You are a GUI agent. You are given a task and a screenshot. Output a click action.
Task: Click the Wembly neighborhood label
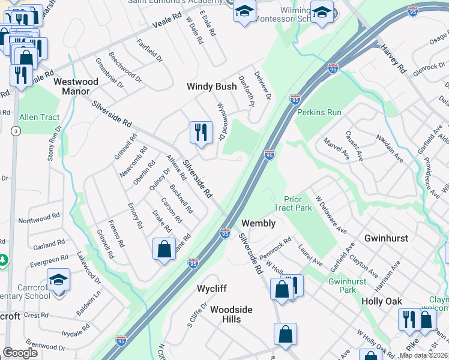tap(258, 223)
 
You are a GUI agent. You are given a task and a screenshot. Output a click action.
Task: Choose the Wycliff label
tap(212, 289)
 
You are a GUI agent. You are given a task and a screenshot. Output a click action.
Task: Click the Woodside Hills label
tap(231, 314)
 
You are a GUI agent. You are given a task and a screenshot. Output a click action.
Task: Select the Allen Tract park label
tap(40, 117)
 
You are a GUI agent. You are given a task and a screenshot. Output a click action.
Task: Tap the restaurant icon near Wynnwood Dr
tap(201, 132)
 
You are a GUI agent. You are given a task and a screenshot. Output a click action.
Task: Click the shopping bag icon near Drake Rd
tap(164, 248)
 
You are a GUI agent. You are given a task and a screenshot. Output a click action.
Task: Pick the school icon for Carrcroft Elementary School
tap(58, 280)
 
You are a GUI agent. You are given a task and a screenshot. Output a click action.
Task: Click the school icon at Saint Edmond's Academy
tap(244, 11)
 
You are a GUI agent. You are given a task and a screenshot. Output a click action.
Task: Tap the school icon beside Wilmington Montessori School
tap(322, 12)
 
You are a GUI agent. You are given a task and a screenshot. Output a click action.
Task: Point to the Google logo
tap(20, 353)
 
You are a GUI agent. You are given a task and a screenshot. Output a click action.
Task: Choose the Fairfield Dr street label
tap(149, 51)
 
